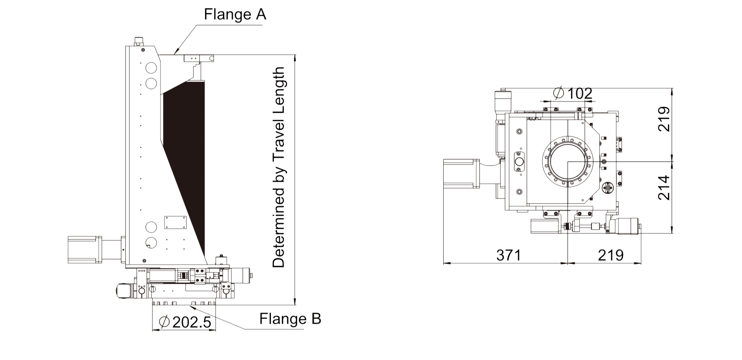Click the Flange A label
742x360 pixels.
click(x=235, y=14)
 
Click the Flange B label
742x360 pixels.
click(x=290, y=319)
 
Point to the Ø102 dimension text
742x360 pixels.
click(x=572, y=93)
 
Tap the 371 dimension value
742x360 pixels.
click(x=509, y=255)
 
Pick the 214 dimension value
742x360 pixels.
click(x=663, y=188)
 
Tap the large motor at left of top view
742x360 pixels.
click(x=460, y=174)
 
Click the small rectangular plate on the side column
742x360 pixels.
click(x=175, y=222)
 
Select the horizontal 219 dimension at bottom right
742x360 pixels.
click(x=610, y=255)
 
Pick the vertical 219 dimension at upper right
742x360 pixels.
click(x=663, y=119)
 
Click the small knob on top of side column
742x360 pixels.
click(x=139, y=41)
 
